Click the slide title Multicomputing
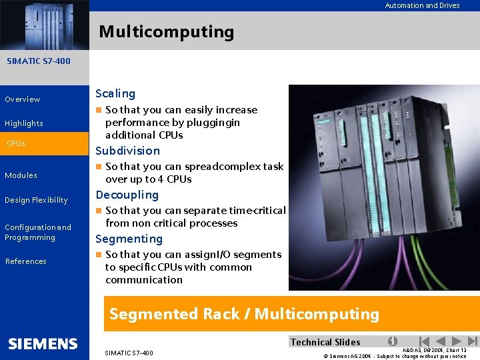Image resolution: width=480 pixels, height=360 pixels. [167, 32]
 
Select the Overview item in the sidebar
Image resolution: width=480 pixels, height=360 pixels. [23, 99]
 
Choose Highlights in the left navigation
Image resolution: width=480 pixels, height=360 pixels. [24, 123]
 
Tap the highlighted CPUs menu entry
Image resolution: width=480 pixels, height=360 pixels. [16, 143]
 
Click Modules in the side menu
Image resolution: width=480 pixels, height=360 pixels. [21, 175]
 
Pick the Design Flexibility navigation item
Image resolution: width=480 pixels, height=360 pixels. [36, 200]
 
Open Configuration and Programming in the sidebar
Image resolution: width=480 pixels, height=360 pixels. [37, 232]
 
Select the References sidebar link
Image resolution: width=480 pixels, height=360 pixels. [26, 261]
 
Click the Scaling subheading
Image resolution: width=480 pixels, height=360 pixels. [115, 93]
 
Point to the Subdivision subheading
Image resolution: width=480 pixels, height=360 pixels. [128, 151]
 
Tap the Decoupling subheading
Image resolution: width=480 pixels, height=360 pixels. [127, 195]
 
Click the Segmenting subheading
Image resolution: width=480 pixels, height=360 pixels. [129, 239]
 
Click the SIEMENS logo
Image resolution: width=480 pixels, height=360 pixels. [43, 344]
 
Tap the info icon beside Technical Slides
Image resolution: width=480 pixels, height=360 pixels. [393, 341]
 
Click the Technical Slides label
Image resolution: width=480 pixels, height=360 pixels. [325, 342]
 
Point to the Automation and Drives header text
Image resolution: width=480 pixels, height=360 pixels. [422, 5]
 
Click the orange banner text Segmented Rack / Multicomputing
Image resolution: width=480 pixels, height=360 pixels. [244, 314]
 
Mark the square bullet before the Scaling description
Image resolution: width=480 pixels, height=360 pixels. [99, 110]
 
